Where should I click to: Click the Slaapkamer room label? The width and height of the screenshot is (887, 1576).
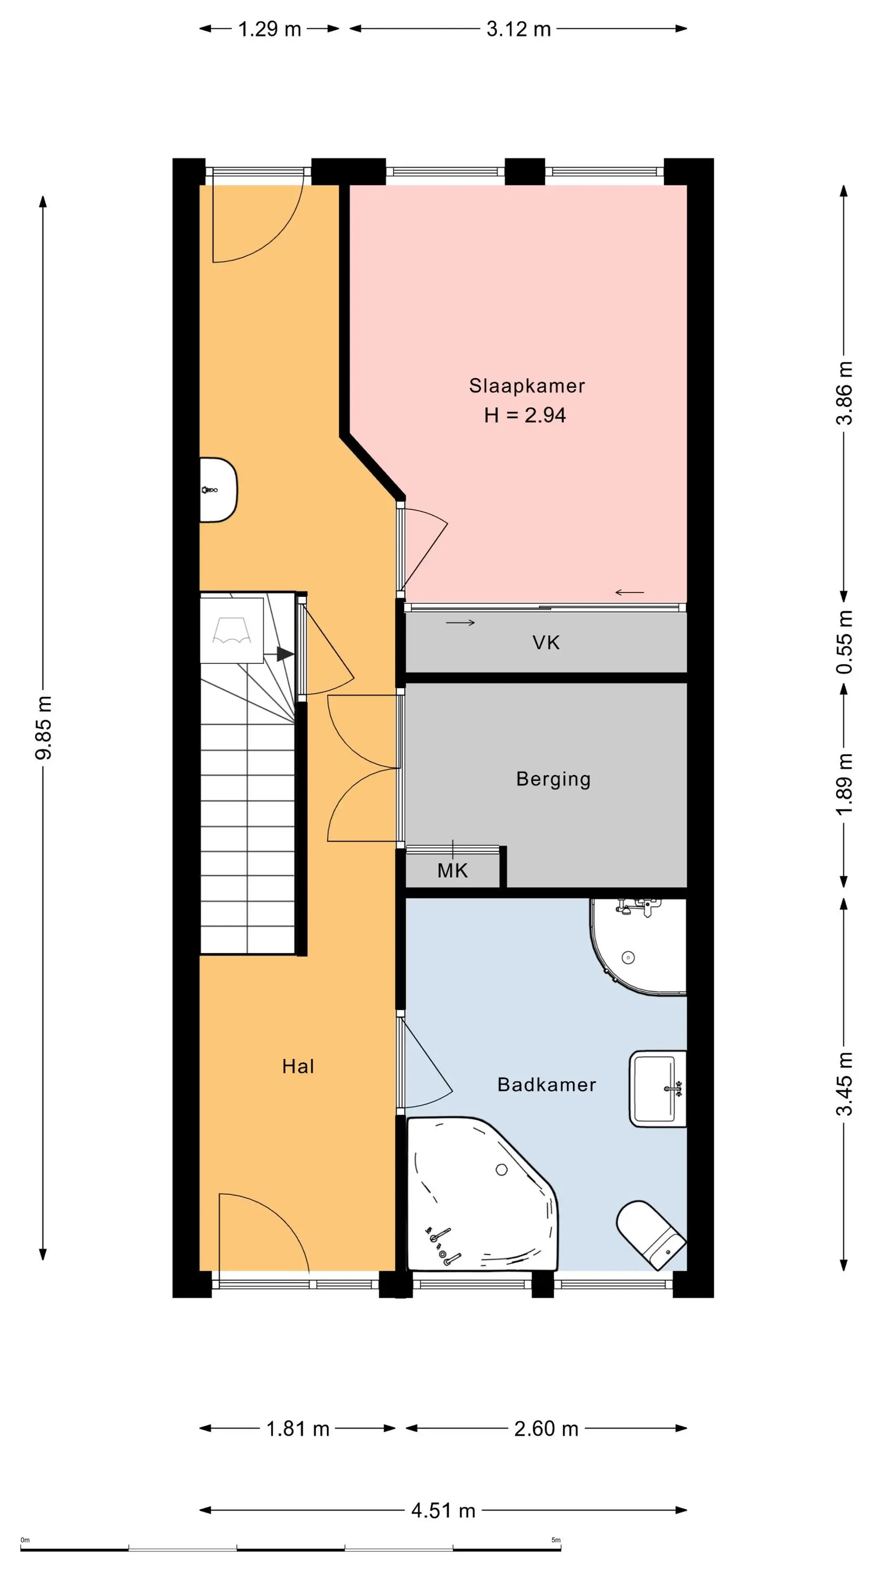pyautogui.click(x=527, y=386)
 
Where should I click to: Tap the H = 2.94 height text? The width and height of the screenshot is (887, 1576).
pyautogui.click(x=524, y=416)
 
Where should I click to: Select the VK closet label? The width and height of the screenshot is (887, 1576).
pyautogui.click(x=546, y=642)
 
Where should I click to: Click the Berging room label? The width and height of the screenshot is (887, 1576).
pyautogui.click(x=553, y=780)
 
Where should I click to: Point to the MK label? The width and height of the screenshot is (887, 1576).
pyautogui.click(x=452, y=870)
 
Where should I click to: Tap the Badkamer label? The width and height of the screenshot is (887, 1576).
pyautogui.click(x=546, y=1085)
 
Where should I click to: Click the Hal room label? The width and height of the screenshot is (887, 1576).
pyautogui.click(x=298, y=1066)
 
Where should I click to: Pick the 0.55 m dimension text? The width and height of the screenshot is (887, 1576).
pyautogui.click(x=844, y=642)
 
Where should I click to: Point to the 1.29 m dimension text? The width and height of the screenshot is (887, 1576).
pyautogui.click(x=270, y=29)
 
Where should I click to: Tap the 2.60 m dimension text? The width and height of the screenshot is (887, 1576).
pyautogui.click(x=546, y=1428)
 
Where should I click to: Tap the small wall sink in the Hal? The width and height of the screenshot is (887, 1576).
pyautogui.click(x=219, y=490)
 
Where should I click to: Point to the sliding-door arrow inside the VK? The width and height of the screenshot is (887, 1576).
pyautogui.click(x=460, y=623)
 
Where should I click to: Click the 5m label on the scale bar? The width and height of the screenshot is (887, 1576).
pyautogui.click(x=556, y=1540)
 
